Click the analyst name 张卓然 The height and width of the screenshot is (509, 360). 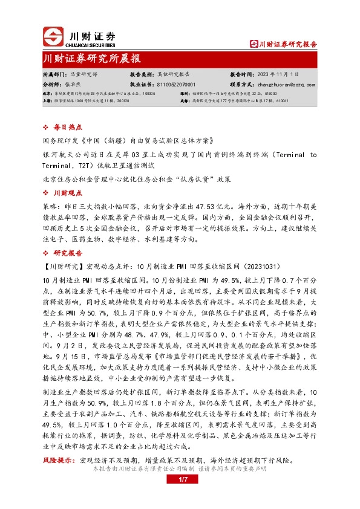pyautogui.click(x=73, y=85)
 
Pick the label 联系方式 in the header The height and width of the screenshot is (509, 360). pyautogui.click(x=241, y=85)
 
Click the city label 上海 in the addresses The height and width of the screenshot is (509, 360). pyautogui.click(x=47, y=101)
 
